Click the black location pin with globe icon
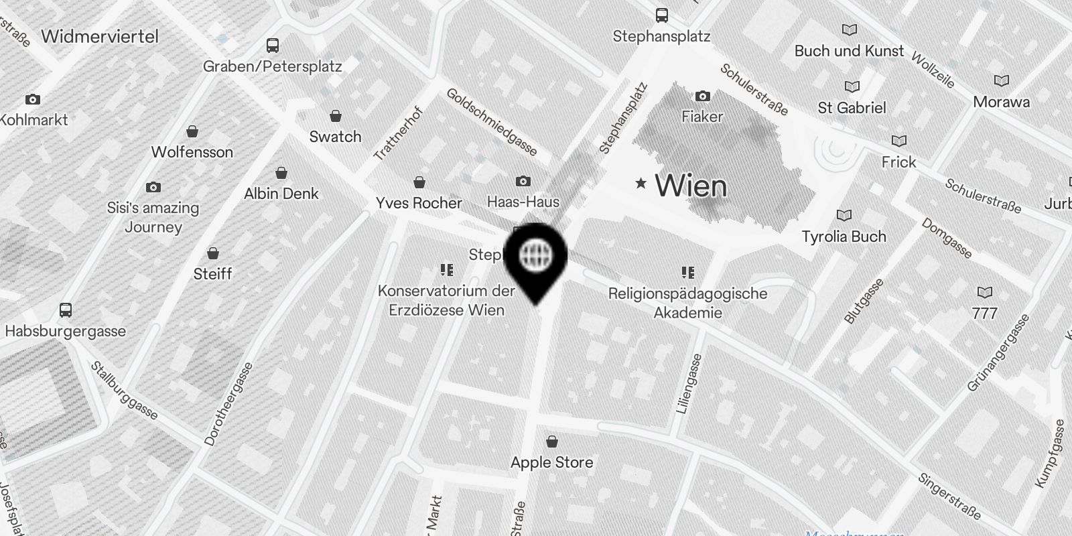(535, 258)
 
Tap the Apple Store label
(551, 462)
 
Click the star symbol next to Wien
(641, 183)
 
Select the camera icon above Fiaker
(702, 96)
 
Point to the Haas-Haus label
(523, 202)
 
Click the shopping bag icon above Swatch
(335, 117)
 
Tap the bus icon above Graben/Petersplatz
(272, 46)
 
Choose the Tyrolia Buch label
(844, 237)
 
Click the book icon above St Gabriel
(852, 86)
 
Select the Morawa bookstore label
(1001, 102)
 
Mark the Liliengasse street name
(690, 383)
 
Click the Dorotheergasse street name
(229, 404)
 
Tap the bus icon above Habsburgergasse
(65, 310)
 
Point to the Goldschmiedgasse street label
(492, 121)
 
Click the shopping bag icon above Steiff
(212, 253)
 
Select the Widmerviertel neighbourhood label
(100, 36)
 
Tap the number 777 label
(984, 313)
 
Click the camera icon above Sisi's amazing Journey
(153, 187)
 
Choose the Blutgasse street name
(864, 301)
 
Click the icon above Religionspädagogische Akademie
(687, 272)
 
